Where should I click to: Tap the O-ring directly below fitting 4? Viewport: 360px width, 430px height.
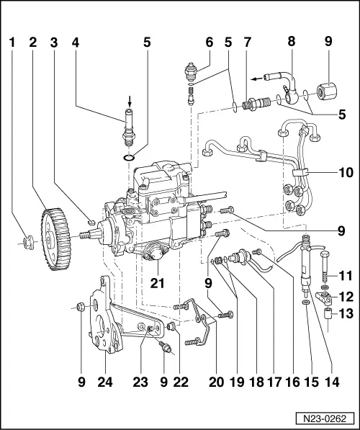point(127,158)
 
